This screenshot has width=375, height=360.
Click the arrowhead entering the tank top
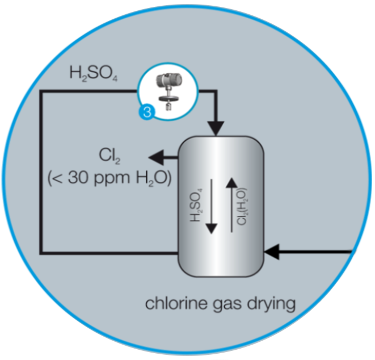tap(215, 128)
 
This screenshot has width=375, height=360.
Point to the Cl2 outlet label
tap(109, 155)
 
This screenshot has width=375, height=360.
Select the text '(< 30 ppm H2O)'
tap(109, 177)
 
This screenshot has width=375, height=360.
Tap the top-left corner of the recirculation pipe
tap(41, 93)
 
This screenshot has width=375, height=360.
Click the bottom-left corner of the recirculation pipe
tap(41, 252)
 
